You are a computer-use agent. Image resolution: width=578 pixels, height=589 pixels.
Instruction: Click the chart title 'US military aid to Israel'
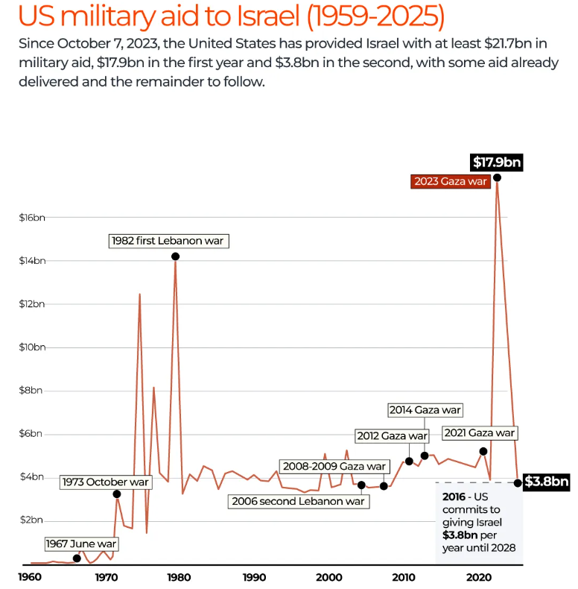tap(223, 16)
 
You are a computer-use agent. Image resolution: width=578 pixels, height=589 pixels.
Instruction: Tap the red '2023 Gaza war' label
tap(450, 181)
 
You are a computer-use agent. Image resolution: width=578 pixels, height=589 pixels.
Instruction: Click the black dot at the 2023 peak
tap(497, 177)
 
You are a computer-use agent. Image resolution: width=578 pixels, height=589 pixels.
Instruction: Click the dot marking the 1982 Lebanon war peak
tap(175, 256)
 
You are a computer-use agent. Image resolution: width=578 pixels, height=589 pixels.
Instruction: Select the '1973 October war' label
tap(106, 482)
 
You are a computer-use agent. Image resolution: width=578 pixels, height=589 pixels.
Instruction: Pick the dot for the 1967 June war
tap(77, 558)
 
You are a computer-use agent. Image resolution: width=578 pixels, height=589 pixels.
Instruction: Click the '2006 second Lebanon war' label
tap(298, 501)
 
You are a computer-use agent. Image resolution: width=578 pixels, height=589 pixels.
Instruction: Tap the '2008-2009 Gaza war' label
tap(334, 466)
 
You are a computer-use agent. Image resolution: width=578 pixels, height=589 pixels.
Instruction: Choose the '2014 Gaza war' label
tap(425, 410)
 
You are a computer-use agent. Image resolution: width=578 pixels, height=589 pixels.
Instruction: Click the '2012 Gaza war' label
tap(392, 435)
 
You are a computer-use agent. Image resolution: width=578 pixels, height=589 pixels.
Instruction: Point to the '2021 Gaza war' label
tap(478, 432)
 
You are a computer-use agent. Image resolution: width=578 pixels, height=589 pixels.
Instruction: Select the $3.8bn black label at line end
tap(546, 482)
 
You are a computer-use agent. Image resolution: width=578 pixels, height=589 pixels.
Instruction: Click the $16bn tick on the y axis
tap(32, 218)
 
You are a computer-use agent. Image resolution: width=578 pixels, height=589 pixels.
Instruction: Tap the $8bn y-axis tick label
tap(32, 391)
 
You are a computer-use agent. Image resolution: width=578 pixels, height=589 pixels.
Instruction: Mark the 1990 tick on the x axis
tap(255, 577)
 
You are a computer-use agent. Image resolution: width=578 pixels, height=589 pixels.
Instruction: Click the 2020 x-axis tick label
tap(478, 577)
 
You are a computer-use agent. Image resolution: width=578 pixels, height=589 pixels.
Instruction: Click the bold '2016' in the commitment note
tap(455, 496)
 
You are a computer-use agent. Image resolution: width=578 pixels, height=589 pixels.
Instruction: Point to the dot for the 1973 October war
tap(117, 494)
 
